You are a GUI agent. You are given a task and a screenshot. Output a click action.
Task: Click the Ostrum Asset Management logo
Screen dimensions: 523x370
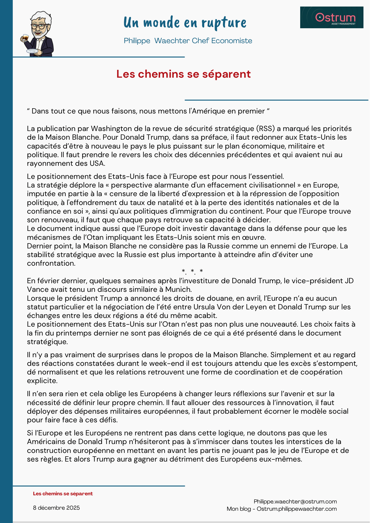pyautogui.click(x=332, y=18)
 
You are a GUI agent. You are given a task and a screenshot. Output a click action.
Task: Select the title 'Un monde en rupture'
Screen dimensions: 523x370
pyautogui.click(x=185, y=22)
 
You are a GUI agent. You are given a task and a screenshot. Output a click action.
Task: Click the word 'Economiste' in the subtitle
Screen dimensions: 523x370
pyautogui.click(x=232, y=41)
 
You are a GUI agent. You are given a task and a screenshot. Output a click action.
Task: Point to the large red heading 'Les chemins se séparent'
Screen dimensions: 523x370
pyautogui.click(x=183, y=74)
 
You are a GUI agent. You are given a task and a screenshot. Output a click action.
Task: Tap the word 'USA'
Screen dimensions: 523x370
pyautogui.click(x=97, y=163)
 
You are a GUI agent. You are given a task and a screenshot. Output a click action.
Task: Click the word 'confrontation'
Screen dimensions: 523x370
pyautogui.click(x=51, y=263)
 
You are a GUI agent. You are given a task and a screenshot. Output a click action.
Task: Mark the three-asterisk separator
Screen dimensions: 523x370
pyautogui.click(x=192, y=271)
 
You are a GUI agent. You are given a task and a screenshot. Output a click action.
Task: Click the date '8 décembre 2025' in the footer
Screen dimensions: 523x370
pyautogui.click(x=56, y=508)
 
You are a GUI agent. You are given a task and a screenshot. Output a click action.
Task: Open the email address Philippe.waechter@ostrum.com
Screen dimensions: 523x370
pyautogui.click(x=295, y=502)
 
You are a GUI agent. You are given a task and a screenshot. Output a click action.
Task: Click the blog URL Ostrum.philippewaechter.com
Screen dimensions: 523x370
pyautogui.click(x=297, y=509)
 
